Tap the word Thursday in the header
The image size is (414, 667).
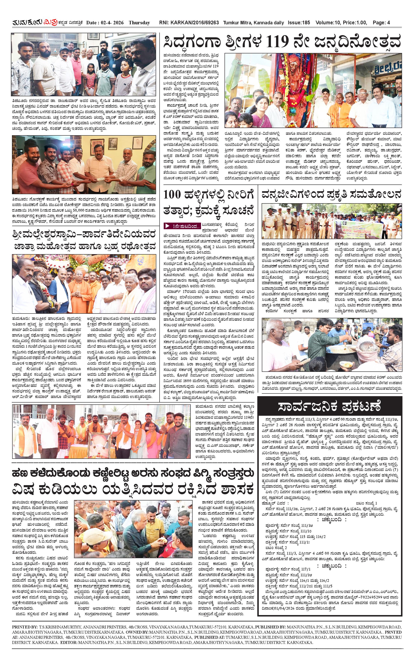(139, 23)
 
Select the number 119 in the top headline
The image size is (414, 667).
(278, 42)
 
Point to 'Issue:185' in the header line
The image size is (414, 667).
(299, 23)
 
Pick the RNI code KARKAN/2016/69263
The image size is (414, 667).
(194, 23)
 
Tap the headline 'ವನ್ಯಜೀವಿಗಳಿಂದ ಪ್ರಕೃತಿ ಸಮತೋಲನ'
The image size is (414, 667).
(331, 194)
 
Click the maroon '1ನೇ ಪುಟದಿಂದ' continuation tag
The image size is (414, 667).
(182, 226)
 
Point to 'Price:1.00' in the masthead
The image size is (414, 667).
(355, 23)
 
